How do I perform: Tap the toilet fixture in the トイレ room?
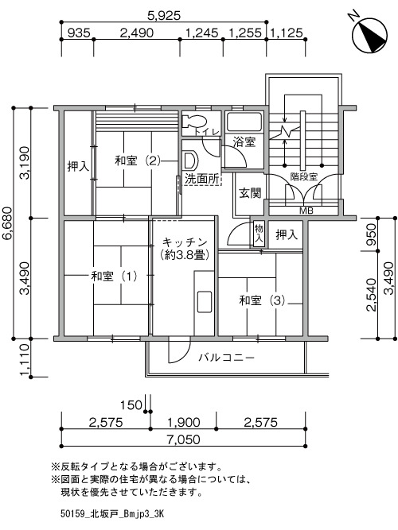[x=193, y=122]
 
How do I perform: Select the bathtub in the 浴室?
[x=244, y=122]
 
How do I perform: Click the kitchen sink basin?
[x=205, y=301]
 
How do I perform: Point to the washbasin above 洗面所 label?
[x=190, y=160]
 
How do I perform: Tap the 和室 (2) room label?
[x=138, y=161]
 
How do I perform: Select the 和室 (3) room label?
[x=262, y=300]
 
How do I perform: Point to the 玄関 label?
[x=250, y=193]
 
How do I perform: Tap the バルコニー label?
[x=226, y=357]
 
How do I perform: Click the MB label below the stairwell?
[x=306, y=211]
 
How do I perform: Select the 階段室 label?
[x=304, y=176]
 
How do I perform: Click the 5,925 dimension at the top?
[x=164, y=15]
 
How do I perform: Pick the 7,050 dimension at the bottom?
[x=183, y=439]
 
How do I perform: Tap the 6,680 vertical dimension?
[x=7, y=223]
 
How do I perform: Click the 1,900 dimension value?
[x=184, y=422]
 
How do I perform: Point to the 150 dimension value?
[x=131, y=404]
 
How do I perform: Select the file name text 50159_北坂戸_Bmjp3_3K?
[x=112, y=514]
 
